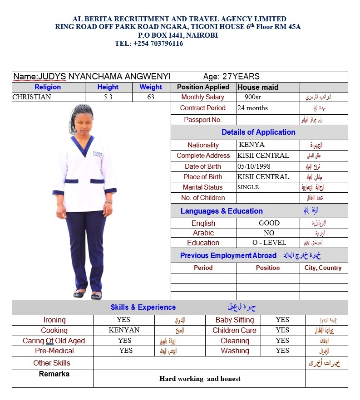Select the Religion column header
point(47,87)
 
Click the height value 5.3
point(108,97)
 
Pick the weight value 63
point(151,97)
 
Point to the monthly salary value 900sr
point(253,97)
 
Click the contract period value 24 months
point(252,108)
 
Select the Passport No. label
point(203,120)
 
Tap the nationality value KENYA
point(252,145)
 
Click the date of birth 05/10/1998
point(254,166)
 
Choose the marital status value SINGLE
point(248,187)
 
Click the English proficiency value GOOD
point(269,223)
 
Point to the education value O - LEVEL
point(269,243)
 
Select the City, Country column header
point(323,268)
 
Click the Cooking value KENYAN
point(124,330)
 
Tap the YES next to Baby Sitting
point(282,320)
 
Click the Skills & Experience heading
point(143,307)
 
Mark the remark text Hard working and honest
point(200,379)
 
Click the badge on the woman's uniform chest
point(98,154)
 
